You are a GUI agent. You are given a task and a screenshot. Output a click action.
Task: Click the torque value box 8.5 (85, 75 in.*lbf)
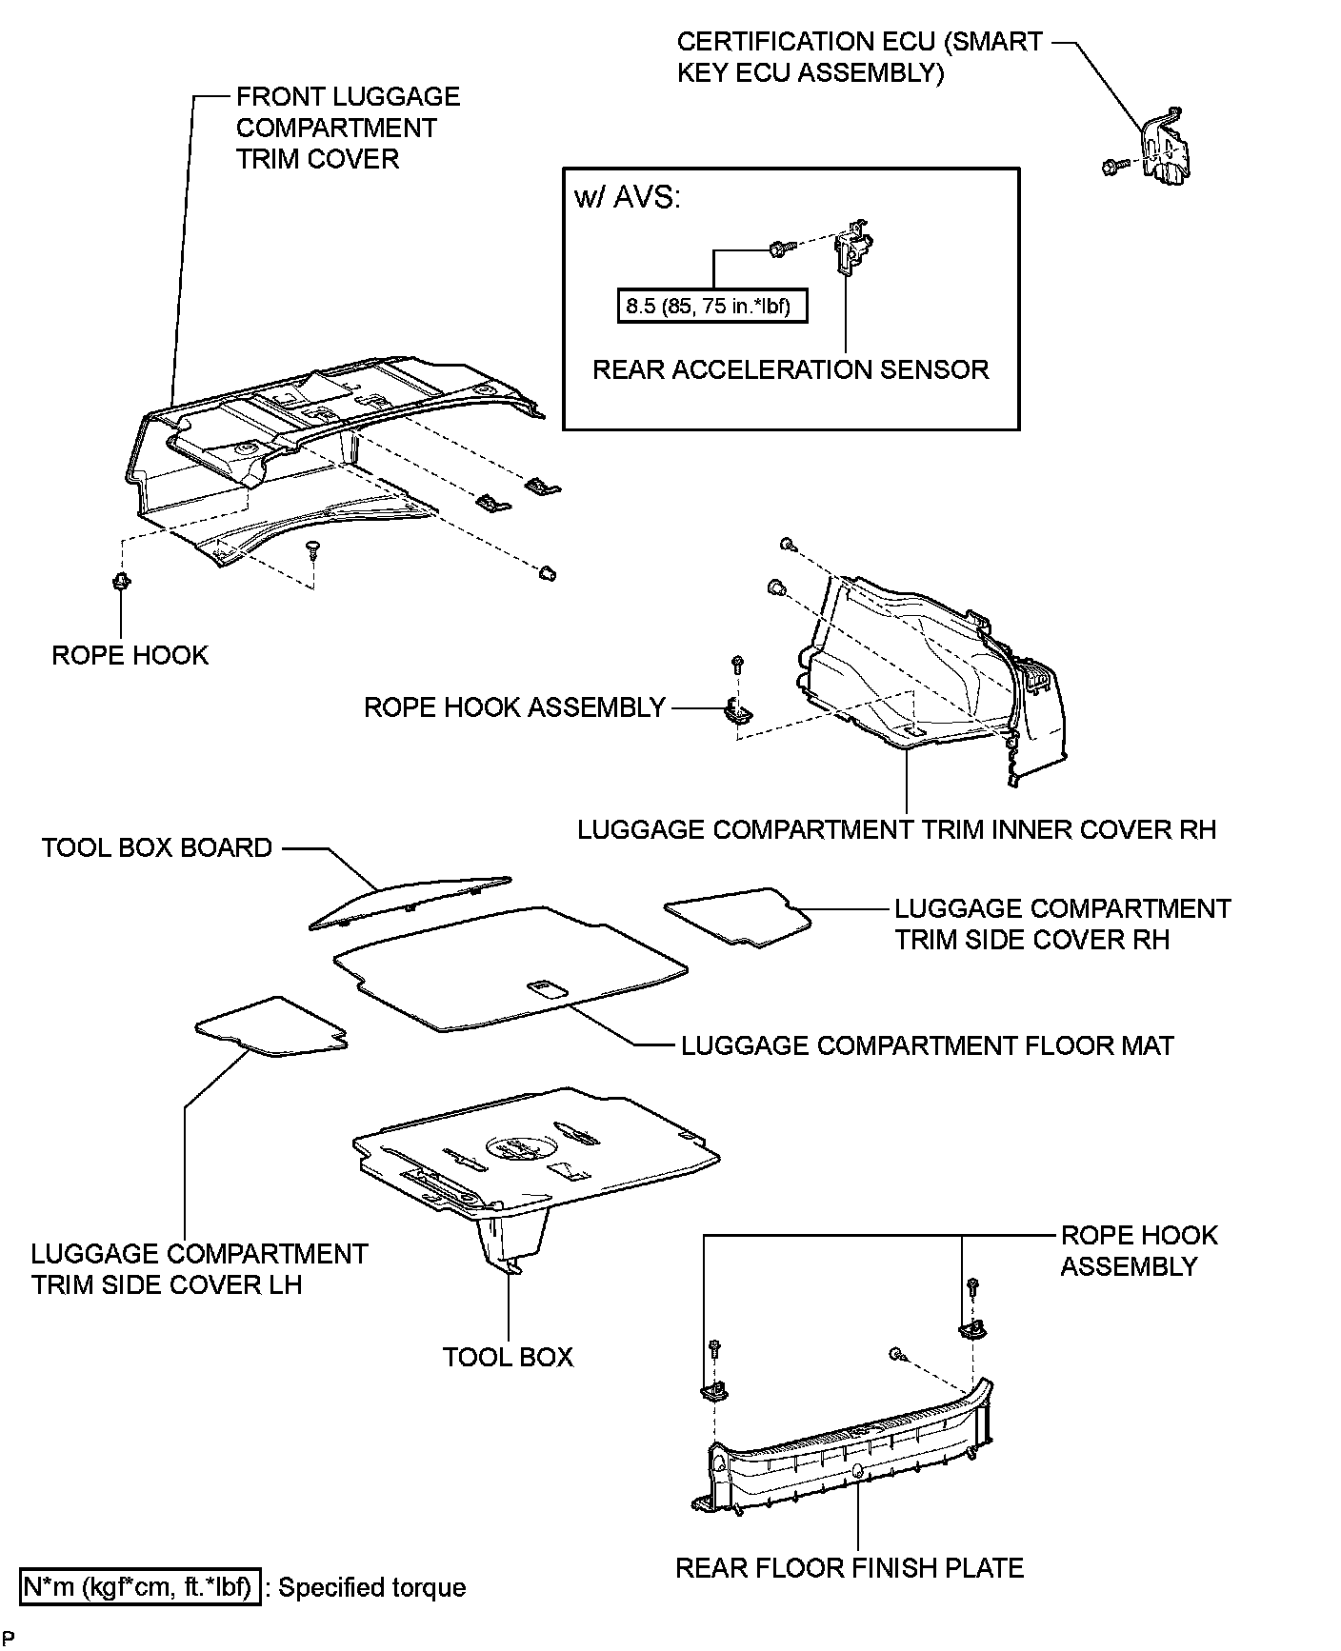711,307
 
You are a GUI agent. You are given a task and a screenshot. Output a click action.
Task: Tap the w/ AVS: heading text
627,197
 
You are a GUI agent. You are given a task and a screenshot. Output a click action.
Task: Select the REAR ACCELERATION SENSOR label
791,369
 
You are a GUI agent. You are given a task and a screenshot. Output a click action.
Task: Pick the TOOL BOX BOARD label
157,847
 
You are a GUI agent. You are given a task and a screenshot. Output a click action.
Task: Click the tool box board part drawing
410,901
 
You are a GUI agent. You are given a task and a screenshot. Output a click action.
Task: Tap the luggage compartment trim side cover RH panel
737,916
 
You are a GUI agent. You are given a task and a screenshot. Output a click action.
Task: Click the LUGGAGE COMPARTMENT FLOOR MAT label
927,1045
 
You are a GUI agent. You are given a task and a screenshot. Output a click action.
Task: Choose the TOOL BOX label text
508,1356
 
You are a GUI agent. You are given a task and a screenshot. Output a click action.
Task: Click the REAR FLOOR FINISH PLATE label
850,1568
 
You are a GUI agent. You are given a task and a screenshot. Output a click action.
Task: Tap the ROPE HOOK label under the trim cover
130,655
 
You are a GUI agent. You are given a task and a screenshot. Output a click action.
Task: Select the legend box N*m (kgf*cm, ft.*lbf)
139,1587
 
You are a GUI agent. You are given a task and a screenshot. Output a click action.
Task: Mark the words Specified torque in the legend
371,1588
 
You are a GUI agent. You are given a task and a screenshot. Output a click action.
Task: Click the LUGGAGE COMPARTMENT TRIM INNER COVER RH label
896,829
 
